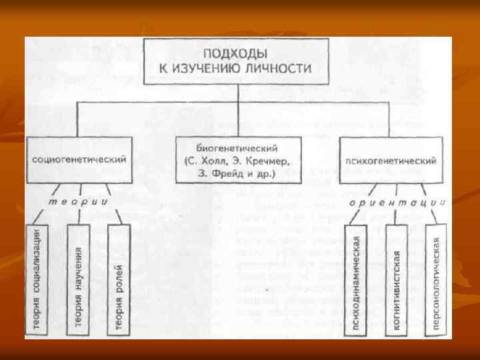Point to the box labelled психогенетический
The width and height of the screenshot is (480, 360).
[x=391, y=161]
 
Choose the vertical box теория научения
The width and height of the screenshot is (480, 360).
[x=79, y=279]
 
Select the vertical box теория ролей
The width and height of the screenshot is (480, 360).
[x=119, y=279]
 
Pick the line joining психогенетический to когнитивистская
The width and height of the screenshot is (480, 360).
[x=395, y=207]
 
